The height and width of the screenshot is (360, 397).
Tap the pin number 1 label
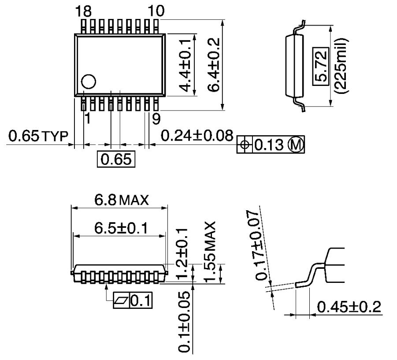pos(87,118)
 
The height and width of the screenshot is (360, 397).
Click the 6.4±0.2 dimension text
pos(214,64)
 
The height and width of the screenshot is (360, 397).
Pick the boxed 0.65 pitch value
pos(116,159)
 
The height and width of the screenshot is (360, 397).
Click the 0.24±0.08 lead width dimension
pos(197,136)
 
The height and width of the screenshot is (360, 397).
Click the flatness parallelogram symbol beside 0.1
pos(120,301)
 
